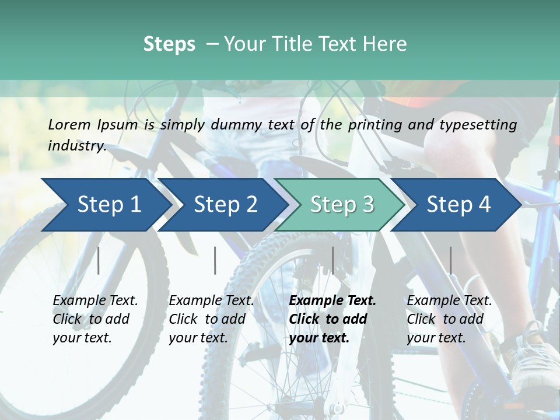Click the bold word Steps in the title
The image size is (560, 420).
[169, 44]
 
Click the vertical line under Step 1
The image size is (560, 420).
[99, 260]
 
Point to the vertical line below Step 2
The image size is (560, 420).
[215, 260]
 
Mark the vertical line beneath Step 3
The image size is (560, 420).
[332, 260]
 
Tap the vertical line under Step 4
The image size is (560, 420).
[450, 260]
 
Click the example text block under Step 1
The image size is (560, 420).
[95, 319]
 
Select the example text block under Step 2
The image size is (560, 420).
[211, 319]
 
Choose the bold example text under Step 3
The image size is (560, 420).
[332, 319]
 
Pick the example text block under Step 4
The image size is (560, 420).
[449, 319]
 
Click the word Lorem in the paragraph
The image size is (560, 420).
[69, 124]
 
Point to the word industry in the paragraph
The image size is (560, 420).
[77, 146]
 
